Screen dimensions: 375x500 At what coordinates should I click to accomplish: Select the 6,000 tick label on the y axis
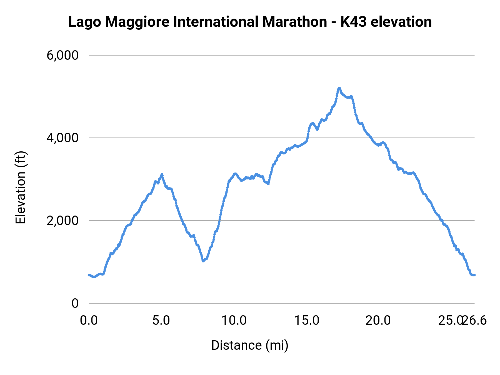coord(63,55)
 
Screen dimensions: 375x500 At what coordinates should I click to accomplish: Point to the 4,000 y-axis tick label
coord(63,138)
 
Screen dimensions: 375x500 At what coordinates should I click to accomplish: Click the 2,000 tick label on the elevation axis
coord(63,221)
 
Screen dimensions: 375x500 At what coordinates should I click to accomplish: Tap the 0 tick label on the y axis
coord(75,303)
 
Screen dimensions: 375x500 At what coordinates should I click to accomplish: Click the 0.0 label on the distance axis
coord(89,321)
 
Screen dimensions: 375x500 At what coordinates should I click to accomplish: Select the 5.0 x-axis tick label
coord(161,321)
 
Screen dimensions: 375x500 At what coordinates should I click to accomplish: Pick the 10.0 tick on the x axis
coord(234,321)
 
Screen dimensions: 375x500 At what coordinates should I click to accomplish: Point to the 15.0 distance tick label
coord(307,321)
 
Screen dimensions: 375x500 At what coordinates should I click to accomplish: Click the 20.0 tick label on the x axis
coord(378,321)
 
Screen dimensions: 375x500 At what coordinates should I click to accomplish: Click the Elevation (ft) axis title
coord(21,187)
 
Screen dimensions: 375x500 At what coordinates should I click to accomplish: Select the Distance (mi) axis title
coord(250,345)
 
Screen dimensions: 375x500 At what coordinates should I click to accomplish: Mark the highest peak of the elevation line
coord(339,88)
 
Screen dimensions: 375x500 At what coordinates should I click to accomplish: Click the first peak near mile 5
coord(162,174)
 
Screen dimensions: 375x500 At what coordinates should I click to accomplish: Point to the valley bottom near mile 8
coord(203,261)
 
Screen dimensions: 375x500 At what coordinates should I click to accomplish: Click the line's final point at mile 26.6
coord(474,275)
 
